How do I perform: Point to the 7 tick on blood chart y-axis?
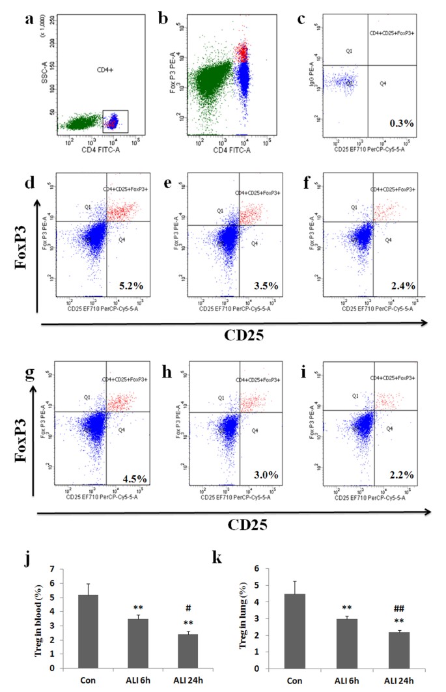[49, 568]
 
